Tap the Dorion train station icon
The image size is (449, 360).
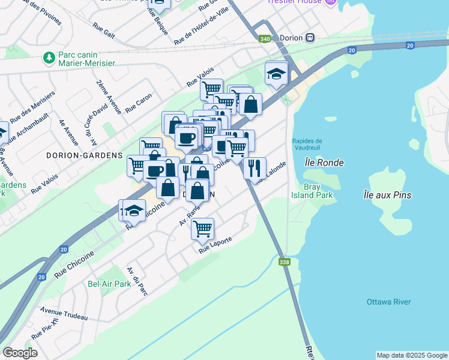(x=310, y=38)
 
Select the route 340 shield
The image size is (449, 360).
(x=265, y=38)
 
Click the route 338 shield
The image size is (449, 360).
(x=285, y=262)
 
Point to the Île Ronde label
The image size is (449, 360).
(x=324, y=163)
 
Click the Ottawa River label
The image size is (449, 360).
(x=389, y=302)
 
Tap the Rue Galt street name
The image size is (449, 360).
(x=104, y=31)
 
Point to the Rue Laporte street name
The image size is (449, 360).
(x=215, y=245)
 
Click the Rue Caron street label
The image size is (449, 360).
(x=139, y=103)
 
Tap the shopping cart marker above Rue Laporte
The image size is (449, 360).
(x=202, y=228)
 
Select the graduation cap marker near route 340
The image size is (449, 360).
(x=276, y=74)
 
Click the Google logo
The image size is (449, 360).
(x=20, y=353)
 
